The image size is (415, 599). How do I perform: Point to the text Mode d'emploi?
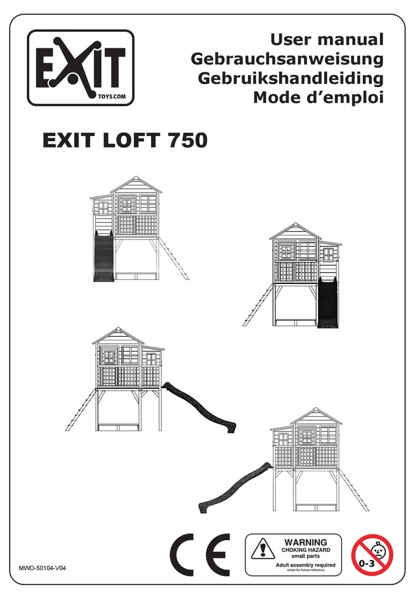318,97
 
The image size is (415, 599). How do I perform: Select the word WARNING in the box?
306,542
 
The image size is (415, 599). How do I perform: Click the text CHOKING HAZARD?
306,550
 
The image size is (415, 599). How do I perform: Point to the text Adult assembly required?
306,565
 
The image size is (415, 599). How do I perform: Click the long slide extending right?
200,405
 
